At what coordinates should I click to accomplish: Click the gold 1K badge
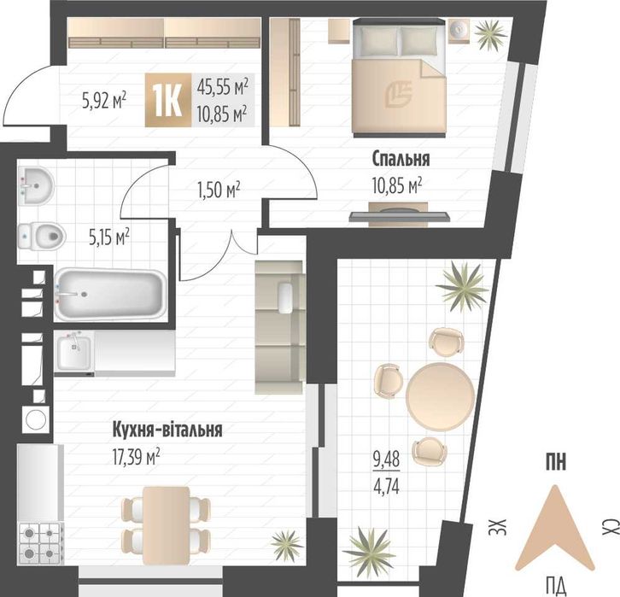pyautogui.click(x=167, y=101)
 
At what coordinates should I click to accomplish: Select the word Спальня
pyautogui.click(x=400, y=159)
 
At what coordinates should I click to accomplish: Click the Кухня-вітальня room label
pyautogui.click(x=167, y=430)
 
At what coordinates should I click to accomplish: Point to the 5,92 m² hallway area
pyautogui.click(x=102, y=100)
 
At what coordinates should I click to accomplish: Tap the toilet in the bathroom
pyautogui.click(x=40, y=232)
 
